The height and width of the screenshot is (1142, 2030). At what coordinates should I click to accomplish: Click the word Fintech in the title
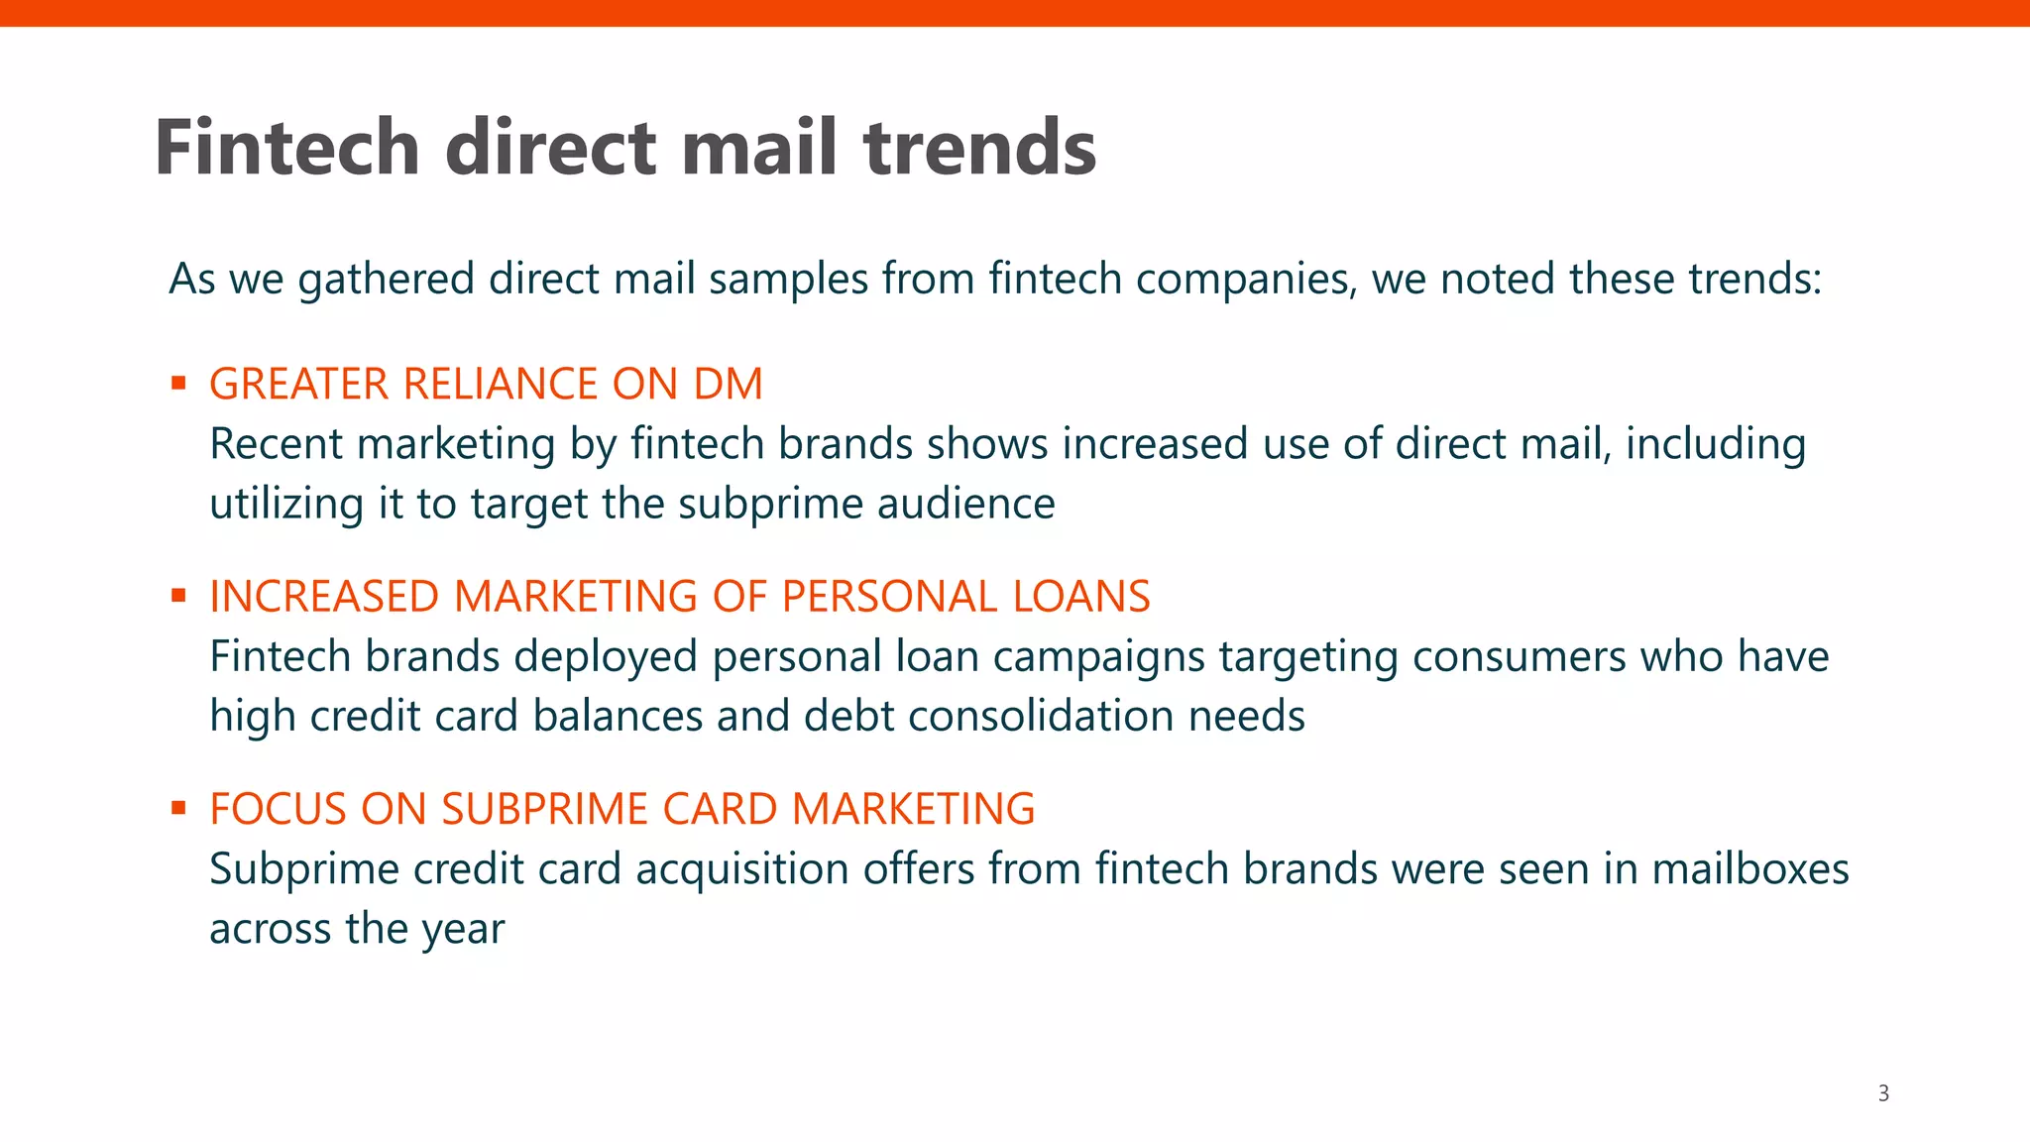287,148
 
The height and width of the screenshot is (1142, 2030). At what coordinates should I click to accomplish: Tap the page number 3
1883,1093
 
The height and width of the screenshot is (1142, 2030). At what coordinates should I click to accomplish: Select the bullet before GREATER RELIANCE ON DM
178,383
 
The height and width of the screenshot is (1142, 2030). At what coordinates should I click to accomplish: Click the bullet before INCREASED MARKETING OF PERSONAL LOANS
178,596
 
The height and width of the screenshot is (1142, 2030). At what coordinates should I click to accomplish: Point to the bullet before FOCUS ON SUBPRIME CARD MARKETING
178,808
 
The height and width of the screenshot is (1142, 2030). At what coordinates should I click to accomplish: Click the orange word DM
728,384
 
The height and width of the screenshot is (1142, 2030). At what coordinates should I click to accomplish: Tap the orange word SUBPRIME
545,809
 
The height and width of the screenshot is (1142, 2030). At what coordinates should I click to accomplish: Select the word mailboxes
1750,869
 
